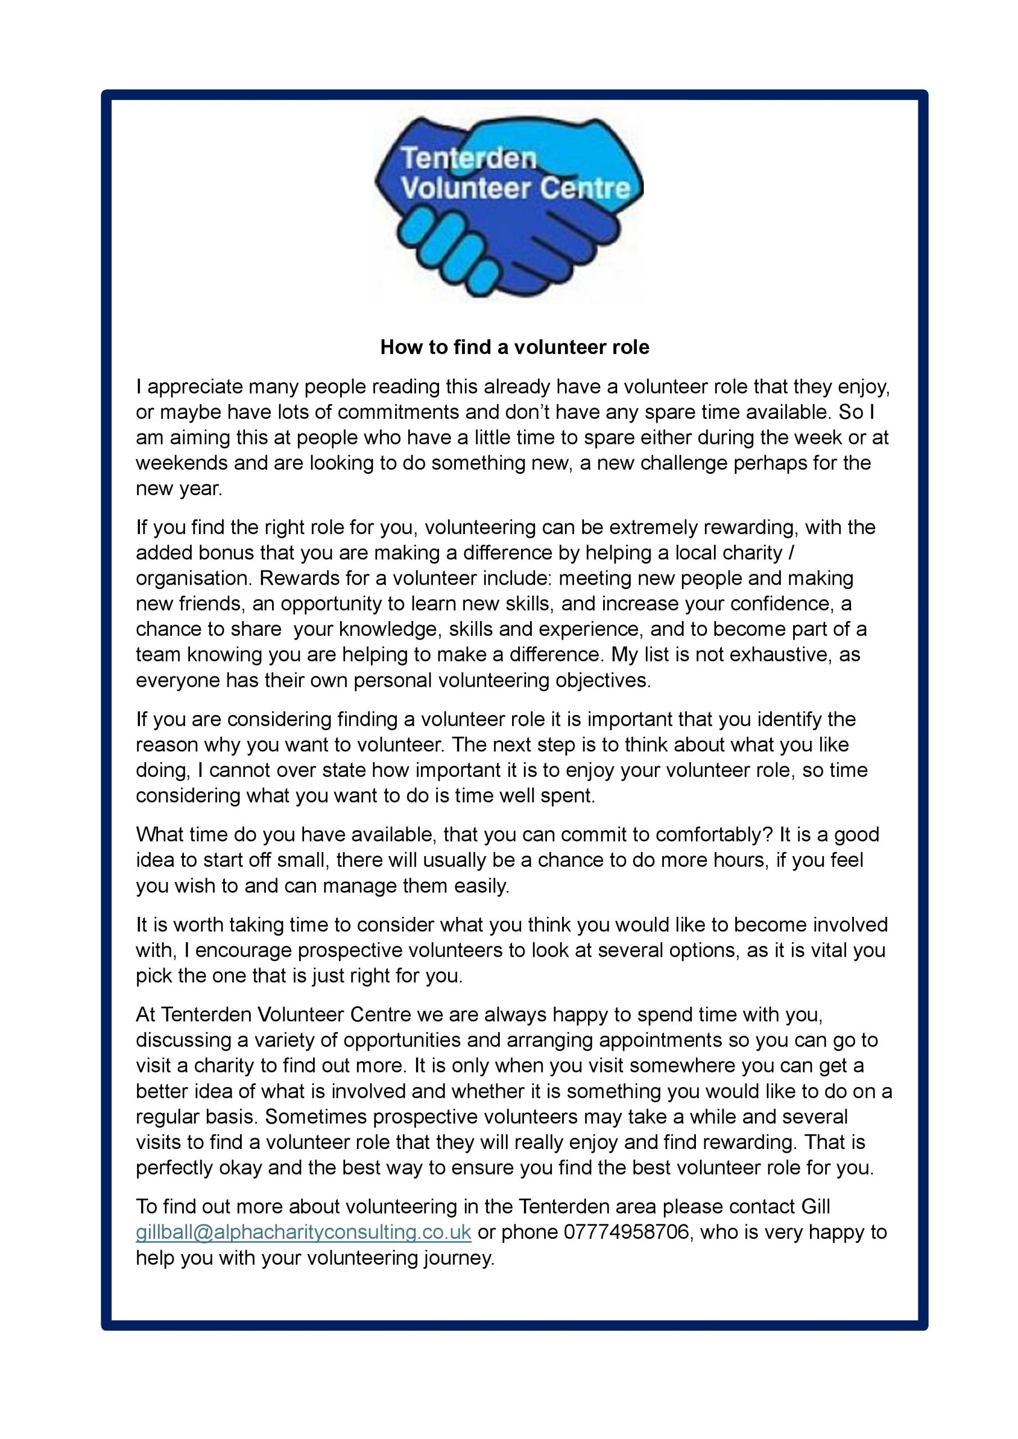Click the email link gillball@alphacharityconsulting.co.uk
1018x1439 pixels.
point(304,1232)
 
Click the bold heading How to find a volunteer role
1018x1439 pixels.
point(515,347)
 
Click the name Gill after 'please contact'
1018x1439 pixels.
point(815,1206)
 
